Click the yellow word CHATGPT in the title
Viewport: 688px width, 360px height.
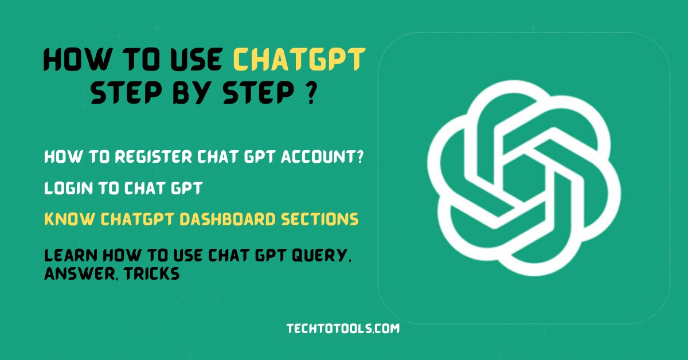(300, 60)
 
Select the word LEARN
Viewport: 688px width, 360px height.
(67, 255)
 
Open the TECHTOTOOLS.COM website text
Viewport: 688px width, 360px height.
(343, 328)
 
